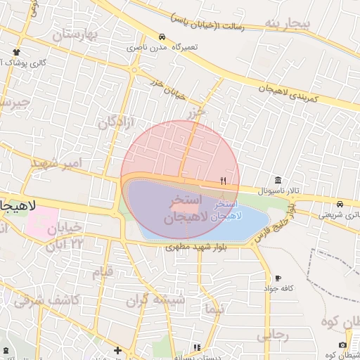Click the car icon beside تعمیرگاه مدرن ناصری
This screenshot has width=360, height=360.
point(162,37)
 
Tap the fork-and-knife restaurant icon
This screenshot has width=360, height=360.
point(223,181)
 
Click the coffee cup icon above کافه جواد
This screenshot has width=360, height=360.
point(278,278)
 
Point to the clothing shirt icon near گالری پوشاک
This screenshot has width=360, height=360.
point(17,52)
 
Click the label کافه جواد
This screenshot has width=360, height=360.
point(278,288)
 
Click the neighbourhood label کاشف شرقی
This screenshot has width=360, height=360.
point(48,300)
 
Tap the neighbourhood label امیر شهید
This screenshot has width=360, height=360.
point(56,163)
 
